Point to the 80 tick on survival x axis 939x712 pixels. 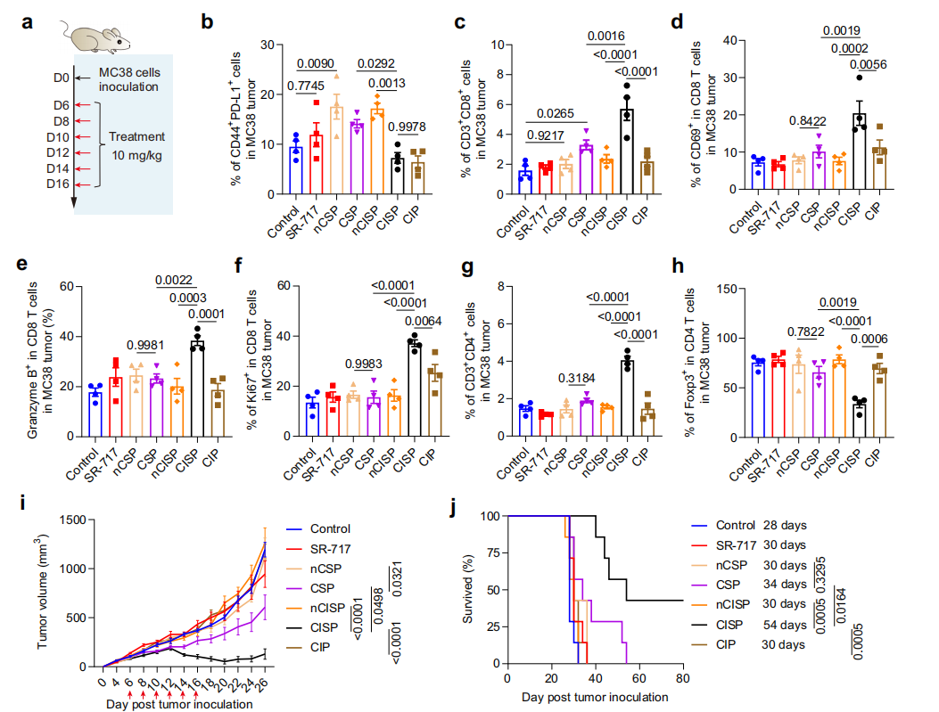(x=681, y=678)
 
